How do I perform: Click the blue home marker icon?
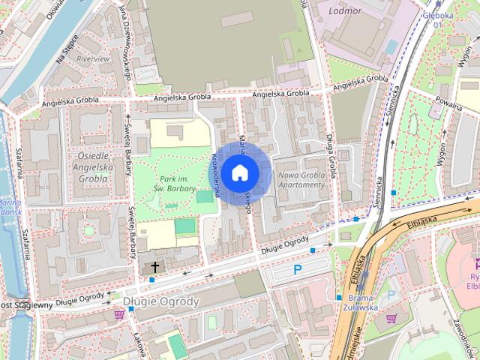click(239, 173)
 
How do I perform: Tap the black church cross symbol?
click(155, 266)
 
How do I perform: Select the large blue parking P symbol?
click(298, 269)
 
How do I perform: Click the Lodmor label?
click(345, 11)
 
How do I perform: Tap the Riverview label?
click(93, 58)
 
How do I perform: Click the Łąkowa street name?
click(138, 341)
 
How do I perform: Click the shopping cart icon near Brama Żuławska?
click(390, 318)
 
